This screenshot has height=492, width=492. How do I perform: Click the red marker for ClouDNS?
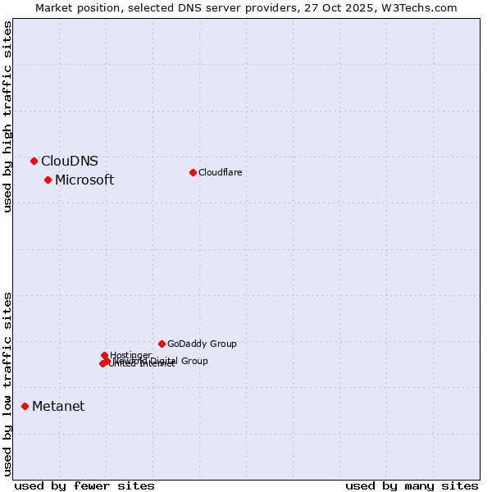click(x=34, y=161)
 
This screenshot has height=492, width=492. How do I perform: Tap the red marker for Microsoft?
click(x=48, y=180)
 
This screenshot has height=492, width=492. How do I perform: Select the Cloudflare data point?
click(x=193, y=172)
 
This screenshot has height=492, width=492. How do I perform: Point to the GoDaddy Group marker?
click(x=162, y=344)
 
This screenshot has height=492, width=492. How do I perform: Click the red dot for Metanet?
click(x=25, y=406)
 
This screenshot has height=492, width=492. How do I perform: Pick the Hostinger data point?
click(x=104, y=355)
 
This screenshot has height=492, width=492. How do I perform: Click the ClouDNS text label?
click(x=70, y=162)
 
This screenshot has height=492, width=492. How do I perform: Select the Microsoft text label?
click(x=84, y=180)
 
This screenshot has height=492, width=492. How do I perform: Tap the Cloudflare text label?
click(x=220, y=172)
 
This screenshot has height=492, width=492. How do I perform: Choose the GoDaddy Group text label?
click(x=202, y=344)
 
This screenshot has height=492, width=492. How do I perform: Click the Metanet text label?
click(x=58, y=407)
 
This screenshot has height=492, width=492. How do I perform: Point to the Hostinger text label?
click(x=130, y=355)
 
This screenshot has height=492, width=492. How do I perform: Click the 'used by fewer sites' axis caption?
click(x=84, y=485)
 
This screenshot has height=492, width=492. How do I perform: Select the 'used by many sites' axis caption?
click(x=412, y=485)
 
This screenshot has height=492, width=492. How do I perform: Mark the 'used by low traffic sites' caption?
click(x=7, y=384)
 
